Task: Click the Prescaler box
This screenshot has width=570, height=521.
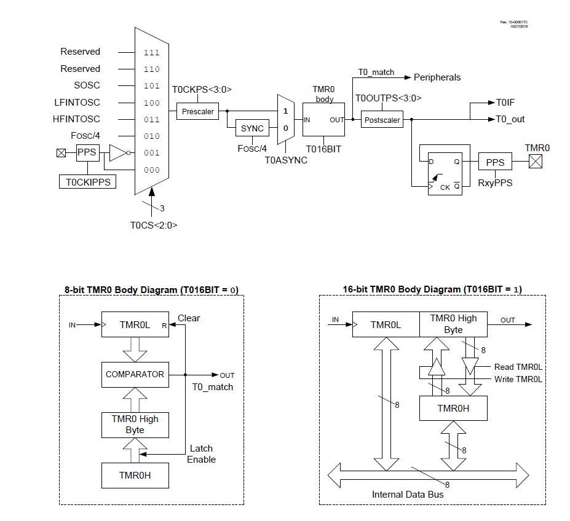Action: coord(198,112)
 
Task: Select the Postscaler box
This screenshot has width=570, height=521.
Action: coord(382,120)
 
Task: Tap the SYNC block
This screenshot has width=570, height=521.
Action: coord(252,128)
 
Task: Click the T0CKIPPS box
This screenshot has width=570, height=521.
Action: coord(88,182)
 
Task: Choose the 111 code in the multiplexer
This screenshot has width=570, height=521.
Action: coord(151,52)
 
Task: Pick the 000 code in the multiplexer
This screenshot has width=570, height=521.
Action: coord(151,170)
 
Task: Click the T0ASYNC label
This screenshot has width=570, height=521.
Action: coord(286,160)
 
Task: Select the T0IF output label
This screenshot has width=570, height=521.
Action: coord(505,103)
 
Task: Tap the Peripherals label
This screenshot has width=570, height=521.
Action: coord(437,77)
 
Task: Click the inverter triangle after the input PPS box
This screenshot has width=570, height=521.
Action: coord(117,152)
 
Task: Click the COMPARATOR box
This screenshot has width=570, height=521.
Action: coord(135,374)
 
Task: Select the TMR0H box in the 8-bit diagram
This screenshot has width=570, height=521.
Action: coord(135,475)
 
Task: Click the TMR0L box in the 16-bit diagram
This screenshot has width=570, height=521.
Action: coord(386,324)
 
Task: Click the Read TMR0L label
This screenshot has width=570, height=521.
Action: coord(518,367)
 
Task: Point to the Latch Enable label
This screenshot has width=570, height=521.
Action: coord(201,454)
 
